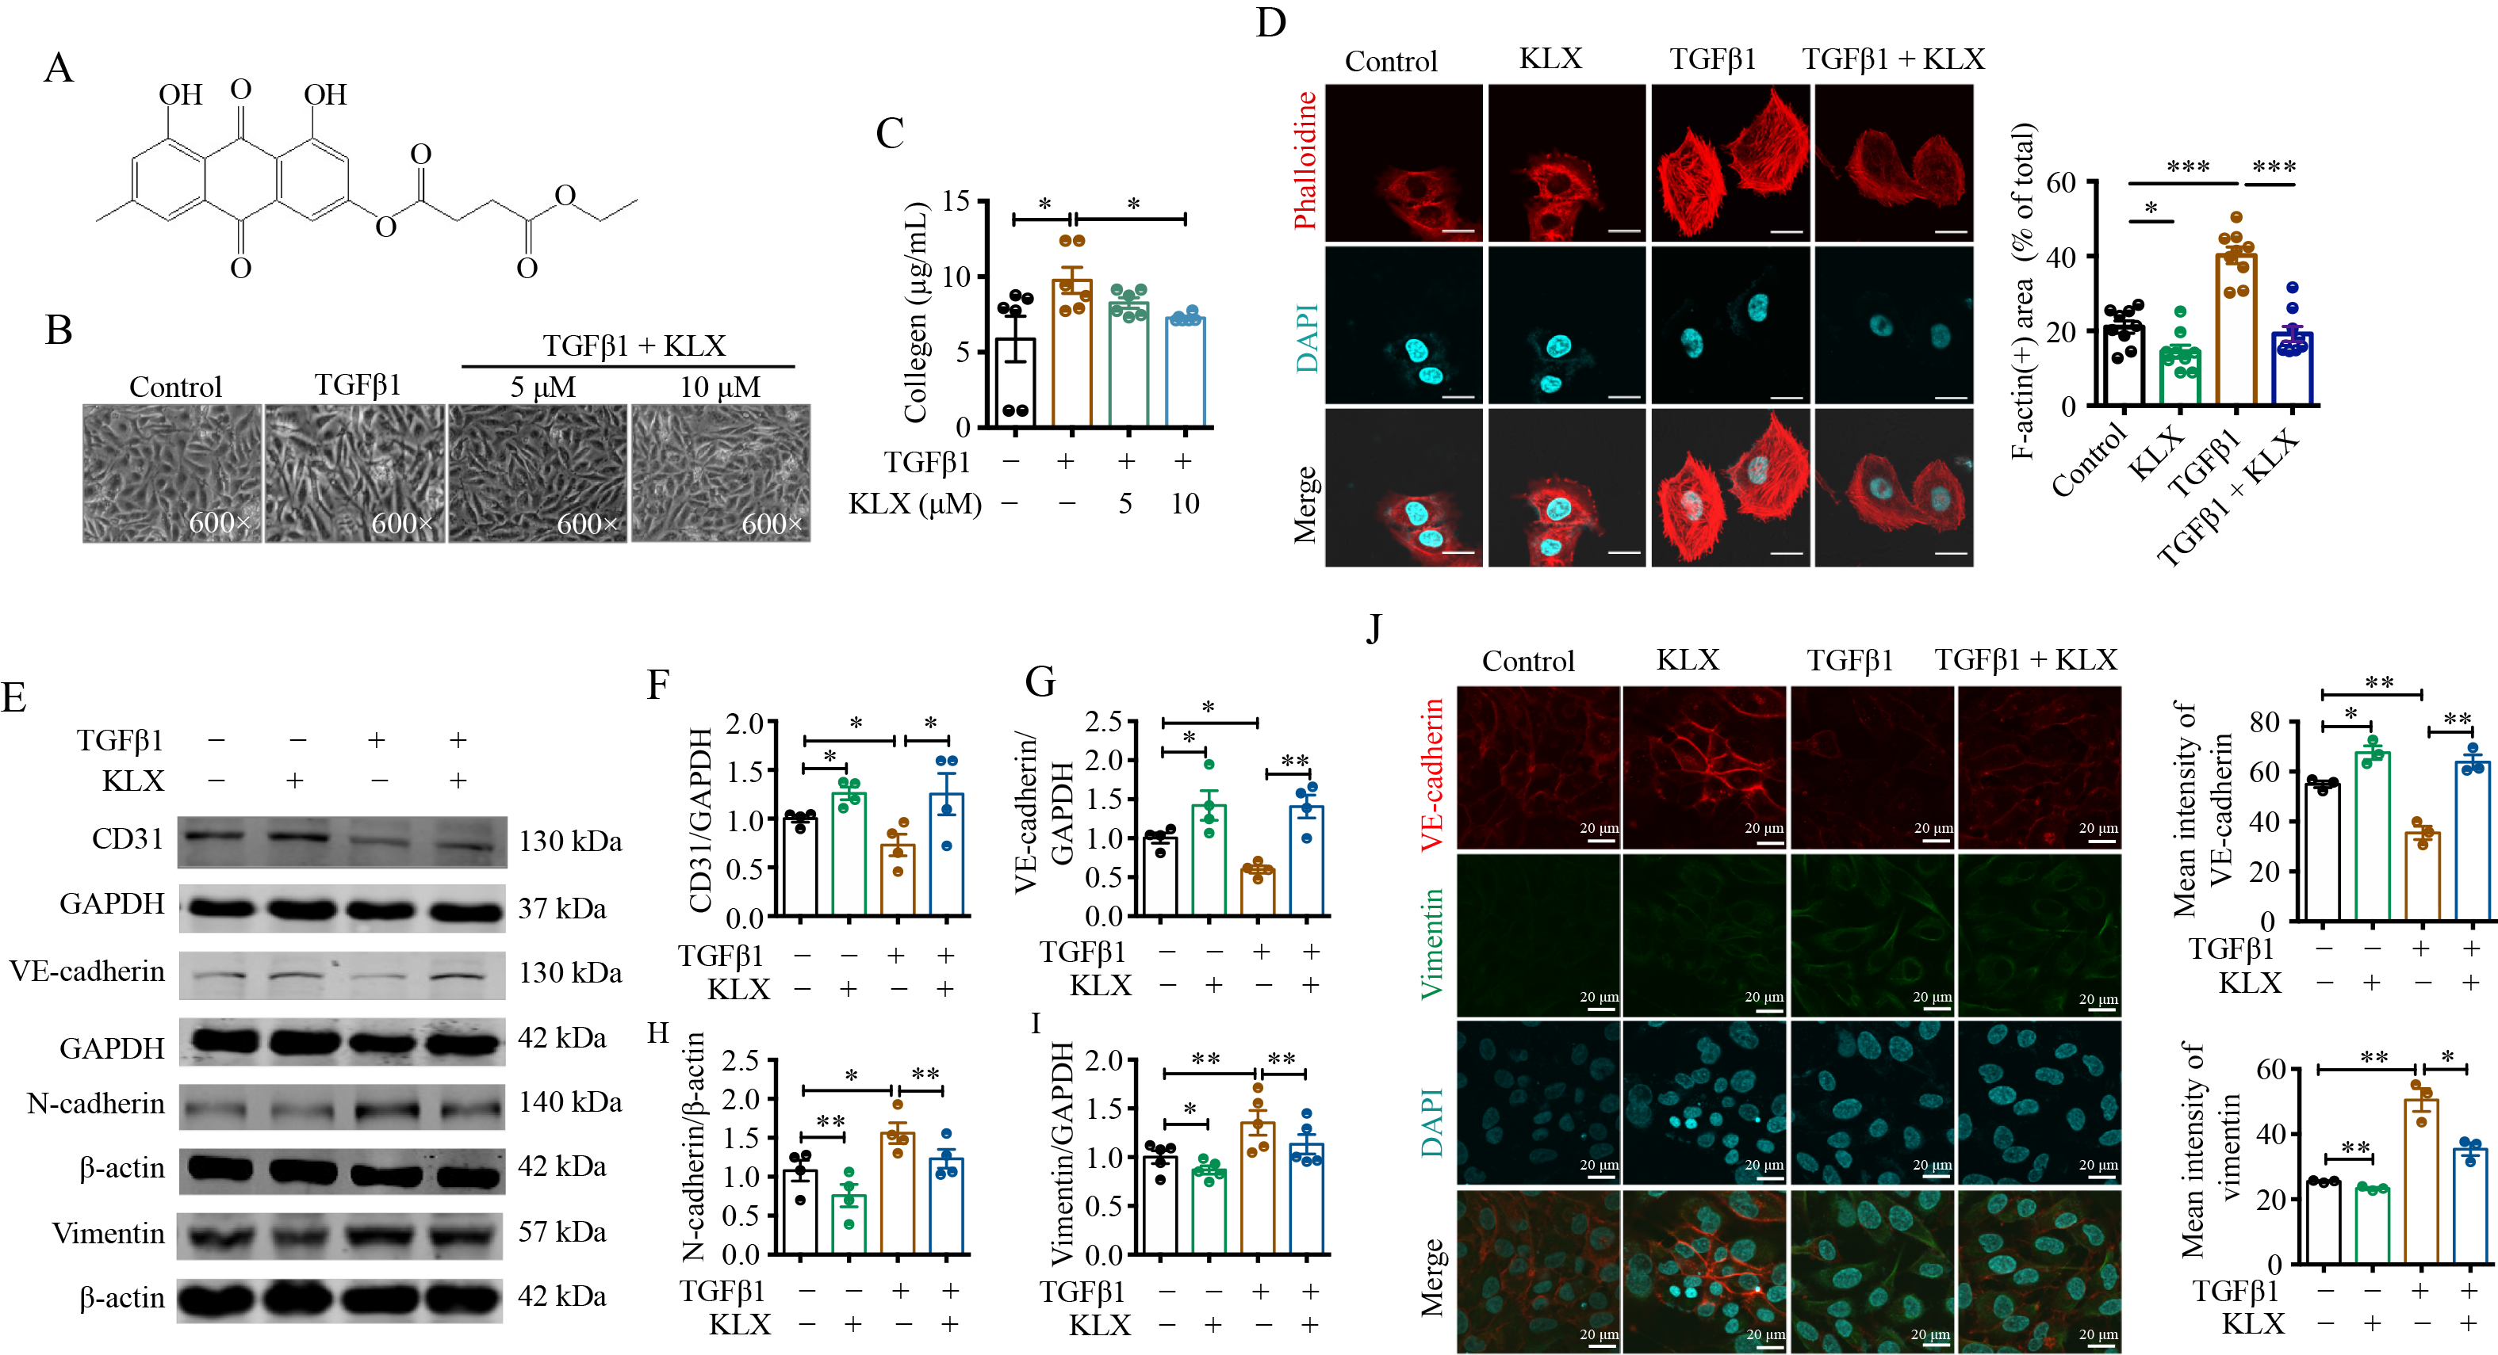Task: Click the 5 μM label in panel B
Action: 543,387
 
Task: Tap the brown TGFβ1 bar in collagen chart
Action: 1071,353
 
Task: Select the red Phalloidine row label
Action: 1306,161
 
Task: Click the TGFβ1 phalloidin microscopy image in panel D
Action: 1730,162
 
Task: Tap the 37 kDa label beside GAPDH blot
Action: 562,908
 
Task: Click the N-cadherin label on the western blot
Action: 96,1104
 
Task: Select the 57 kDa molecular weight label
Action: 562,1232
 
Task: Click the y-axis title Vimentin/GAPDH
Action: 1063,1154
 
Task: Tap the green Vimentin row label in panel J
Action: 1431,943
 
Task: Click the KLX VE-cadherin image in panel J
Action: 1704,768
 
